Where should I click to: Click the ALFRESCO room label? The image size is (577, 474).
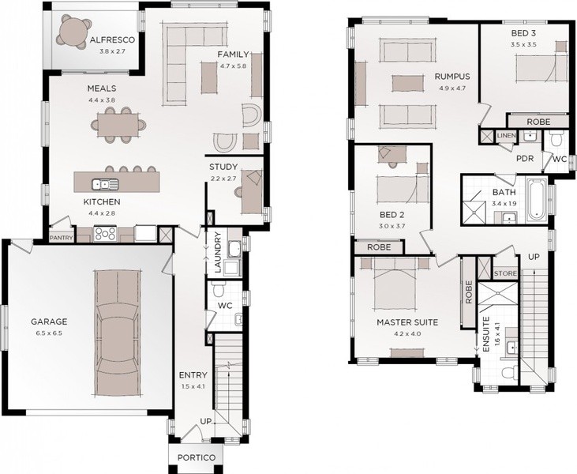click(112, 39)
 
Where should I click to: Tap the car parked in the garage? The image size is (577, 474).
click(118, 333)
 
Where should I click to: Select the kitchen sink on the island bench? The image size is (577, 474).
click(105, 183)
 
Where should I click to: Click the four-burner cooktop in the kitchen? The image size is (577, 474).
click(105, 233)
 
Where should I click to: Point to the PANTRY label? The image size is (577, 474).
click(61, 238)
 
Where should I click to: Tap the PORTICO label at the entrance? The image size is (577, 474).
click(197, 457)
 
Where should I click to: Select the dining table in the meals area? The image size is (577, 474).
click(118, 126)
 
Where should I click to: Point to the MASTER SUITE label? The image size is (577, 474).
click(407, 322)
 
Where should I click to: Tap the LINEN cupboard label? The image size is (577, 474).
click(506, 136)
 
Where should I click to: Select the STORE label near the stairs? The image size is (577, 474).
click(505, 273)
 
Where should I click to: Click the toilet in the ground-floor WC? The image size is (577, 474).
click(219, 289)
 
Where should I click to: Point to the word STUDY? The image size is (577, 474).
click(223, 167)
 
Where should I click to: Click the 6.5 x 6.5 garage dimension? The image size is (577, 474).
click(49, 333)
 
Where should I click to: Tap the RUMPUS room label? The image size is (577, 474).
click(452, 77)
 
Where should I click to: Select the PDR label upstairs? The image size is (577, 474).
click(525, 159)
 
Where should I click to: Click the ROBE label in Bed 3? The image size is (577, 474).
click(538, 122)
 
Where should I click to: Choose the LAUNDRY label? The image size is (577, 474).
click(217, 252)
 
